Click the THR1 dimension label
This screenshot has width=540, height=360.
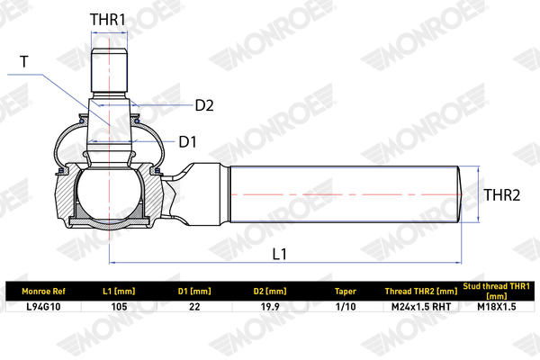click(108, 20)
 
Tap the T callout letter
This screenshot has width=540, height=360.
click(24, 62)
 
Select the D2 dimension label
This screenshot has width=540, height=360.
click(204, 105)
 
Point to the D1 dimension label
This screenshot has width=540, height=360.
click(188, 142)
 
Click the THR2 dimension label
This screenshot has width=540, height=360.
click(502, 195)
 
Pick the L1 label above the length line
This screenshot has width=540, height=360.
click(279, 254)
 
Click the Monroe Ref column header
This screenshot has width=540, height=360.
click(44, 292)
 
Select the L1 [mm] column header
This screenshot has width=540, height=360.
click(119, 292)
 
